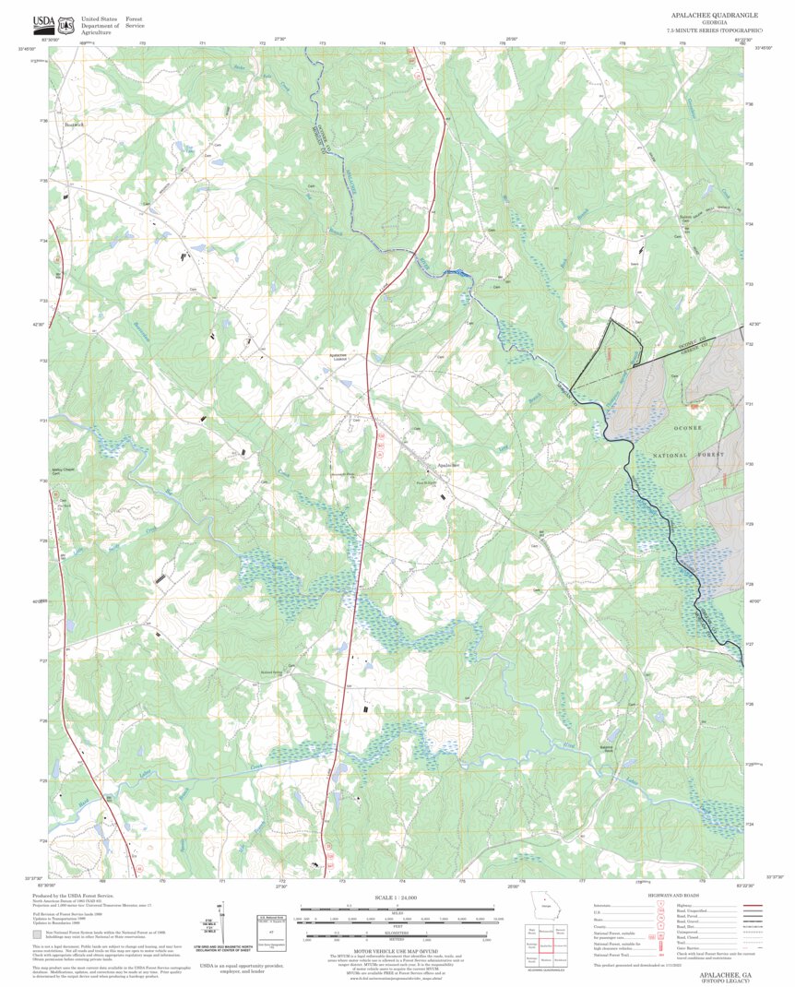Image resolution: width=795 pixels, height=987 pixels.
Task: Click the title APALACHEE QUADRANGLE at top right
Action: (x=715, y=17)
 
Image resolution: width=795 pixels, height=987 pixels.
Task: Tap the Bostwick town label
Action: (x=74, y=124)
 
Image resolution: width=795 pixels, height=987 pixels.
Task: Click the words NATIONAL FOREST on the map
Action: (x=689, y=456)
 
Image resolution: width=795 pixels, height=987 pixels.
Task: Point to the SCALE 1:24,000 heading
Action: (x=397, y=898)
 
